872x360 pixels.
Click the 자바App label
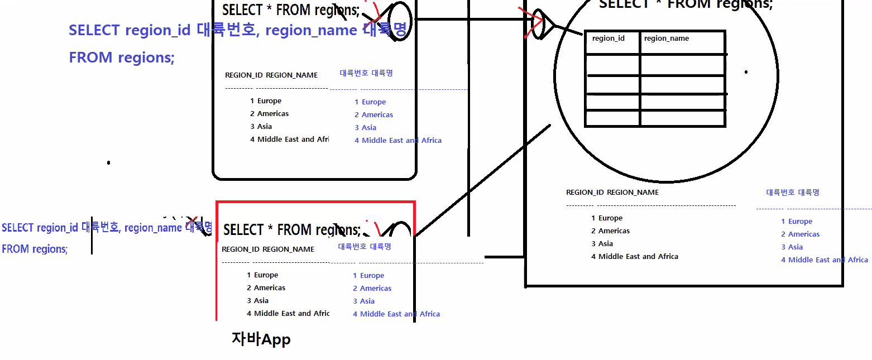coord(261,339)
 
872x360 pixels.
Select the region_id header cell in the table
coord(608,39)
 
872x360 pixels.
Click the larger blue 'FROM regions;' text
coord(122,57)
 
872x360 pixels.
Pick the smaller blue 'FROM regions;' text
coord(35,249)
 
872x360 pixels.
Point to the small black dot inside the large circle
coord(746,72)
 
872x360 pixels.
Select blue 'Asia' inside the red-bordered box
coord(367,301)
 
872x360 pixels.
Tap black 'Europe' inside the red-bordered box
coord(266,275)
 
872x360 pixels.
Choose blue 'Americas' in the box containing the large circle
coord(804,234)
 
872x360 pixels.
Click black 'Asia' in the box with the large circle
coord(605,244)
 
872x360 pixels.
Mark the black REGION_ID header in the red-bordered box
coord(240,249)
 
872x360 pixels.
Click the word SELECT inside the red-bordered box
coord(243,230)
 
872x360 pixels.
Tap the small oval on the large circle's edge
coord(538,24)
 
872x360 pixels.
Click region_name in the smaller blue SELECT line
coord(153,228)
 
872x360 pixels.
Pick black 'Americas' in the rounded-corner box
coord(272,114)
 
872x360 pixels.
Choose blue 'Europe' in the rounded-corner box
coord(373,102)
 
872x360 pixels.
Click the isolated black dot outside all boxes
coord(108,163)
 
